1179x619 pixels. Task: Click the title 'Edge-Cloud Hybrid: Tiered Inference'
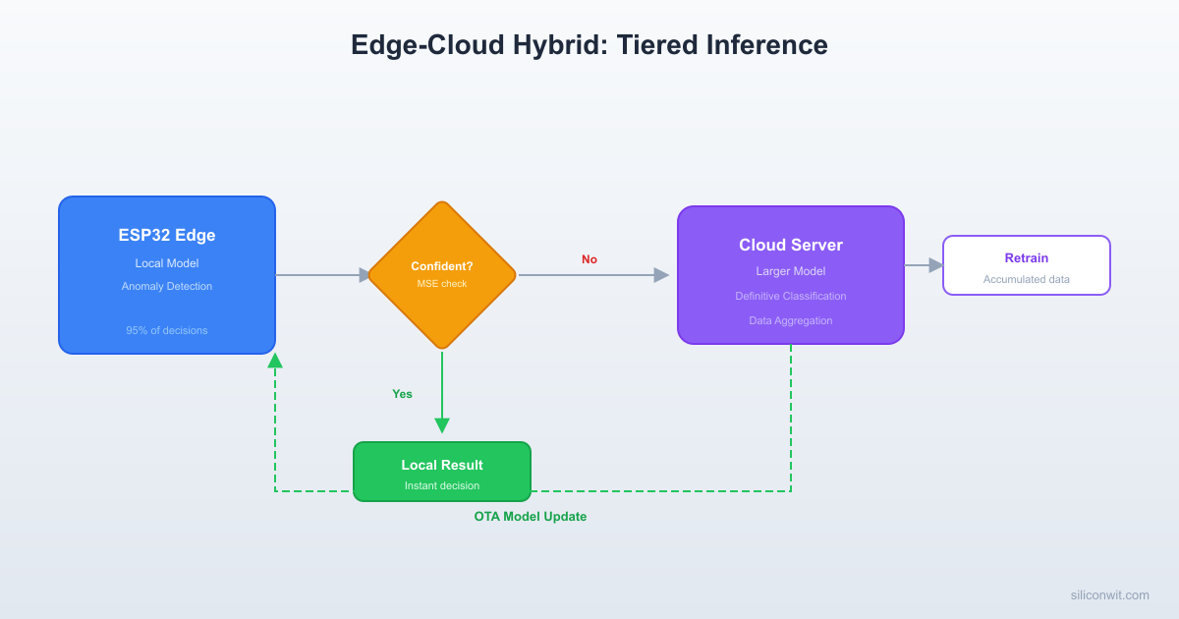click(x=589, y=45)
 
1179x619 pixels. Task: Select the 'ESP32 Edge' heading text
click(x=167, y=235)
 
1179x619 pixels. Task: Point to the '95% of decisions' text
click(x=167, y=330)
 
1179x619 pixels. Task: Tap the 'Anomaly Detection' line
click(x=167, y=286)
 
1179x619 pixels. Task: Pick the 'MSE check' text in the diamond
click(x=442, y=284)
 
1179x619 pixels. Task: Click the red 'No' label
click(x=589, y=259)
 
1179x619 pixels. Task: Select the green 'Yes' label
click(x=403, y=394)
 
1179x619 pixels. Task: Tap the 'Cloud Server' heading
click(x=791, y=245)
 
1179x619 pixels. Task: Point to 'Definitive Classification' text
click(x=791, y=296)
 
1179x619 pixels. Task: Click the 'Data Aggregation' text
click(x=791, y=320)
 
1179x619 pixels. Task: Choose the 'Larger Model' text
click(x=791, y=271)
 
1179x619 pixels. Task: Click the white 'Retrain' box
click(x=1027, y=265)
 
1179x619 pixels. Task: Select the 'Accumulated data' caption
click(x=1027, y=279)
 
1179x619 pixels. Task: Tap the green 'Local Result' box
click(x=442, y=472)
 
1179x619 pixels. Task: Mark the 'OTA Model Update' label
click(x=531, y=517)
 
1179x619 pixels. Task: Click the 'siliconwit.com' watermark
click(x=1109, y=594)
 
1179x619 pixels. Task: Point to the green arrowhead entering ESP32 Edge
click(x=275, y=361)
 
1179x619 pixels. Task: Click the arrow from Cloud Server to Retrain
click(x=924, y=265)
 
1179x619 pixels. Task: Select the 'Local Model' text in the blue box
click(x=167, y=263)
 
